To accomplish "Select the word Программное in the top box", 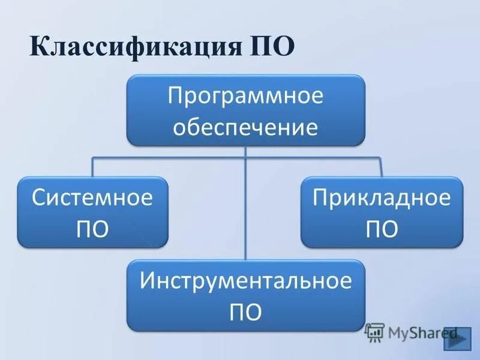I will coord(245,96).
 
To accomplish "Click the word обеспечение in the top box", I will coord(245,127).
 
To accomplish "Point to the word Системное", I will coord(92,198).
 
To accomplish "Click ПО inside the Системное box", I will coord(92,229).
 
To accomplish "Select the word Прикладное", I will coord(382,198).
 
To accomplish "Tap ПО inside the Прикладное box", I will coord(382,229).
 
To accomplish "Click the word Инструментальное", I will coord(245,281).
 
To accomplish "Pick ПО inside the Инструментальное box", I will coord(245,312).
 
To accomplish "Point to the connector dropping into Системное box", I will coord(92,167).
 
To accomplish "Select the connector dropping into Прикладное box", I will coord(382,167).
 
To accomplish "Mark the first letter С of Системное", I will coord(38,198).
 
